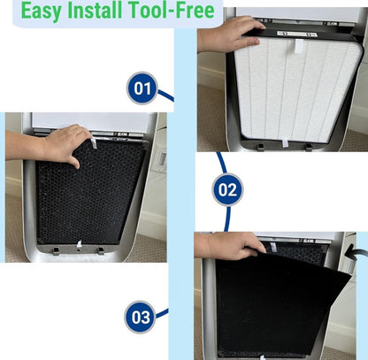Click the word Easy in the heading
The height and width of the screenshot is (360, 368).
pyautogui.click(x=42, y=11)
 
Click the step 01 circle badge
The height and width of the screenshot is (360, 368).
pyautogui.click(x=142, y=88)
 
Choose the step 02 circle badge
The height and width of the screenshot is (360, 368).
pyautogui.click(x=227, y=189)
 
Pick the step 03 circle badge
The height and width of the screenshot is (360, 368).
pyautogui.click(x=141, y=318)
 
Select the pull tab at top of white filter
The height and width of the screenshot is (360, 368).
pyautogui.click(x=298, y=46)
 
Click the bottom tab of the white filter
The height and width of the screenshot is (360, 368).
pyautogui.click(x=285, y=143)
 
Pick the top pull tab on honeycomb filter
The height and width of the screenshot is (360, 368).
pyautogui.click(x=94, y=143)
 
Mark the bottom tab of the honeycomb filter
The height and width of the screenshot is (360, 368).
pyautogui.click(x=79, y=243)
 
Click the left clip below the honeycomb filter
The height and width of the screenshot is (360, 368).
pyautogui.click(x=56, y=251)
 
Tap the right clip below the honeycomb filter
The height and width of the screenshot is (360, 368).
pyautogui.click(x=101, y=251)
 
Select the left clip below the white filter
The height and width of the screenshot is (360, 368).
pyautogui.click(x=260, y=147)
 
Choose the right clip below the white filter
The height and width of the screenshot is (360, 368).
pyautogui.click(x=309, y=147)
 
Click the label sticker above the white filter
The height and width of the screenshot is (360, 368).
pyautogui.click(x=296, y=34)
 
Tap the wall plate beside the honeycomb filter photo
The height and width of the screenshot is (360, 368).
pyautogui.click(x=162, y=158)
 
